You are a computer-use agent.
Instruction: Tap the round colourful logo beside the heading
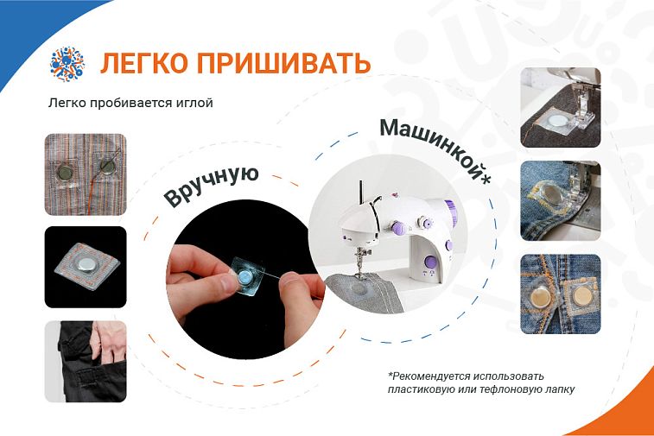tap(67, 64)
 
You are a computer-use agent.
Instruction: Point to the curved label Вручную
tap(212, 186)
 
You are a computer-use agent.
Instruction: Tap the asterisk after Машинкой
tap(486, 178)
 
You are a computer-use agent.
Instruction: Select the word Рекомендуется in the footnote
tap(431, 376)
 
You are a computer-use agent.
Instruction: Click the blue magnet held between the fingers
tap(244, 276)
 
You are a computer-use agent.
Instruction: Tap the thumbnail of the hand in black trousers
tap(86, 362)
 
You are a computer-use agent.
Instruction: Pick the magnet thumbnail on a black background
tap(86, 267)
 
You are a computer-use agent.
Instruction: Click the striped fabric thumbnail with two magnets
tap(86, 174)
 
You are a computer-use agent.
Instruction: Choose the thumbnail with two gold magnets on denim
tap(561, 294)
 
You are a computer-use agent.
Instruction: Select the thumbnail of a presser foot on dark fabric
tap(561, 108)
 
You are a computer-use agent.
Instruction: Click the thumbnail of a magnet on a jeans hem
tap(561, 201)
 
